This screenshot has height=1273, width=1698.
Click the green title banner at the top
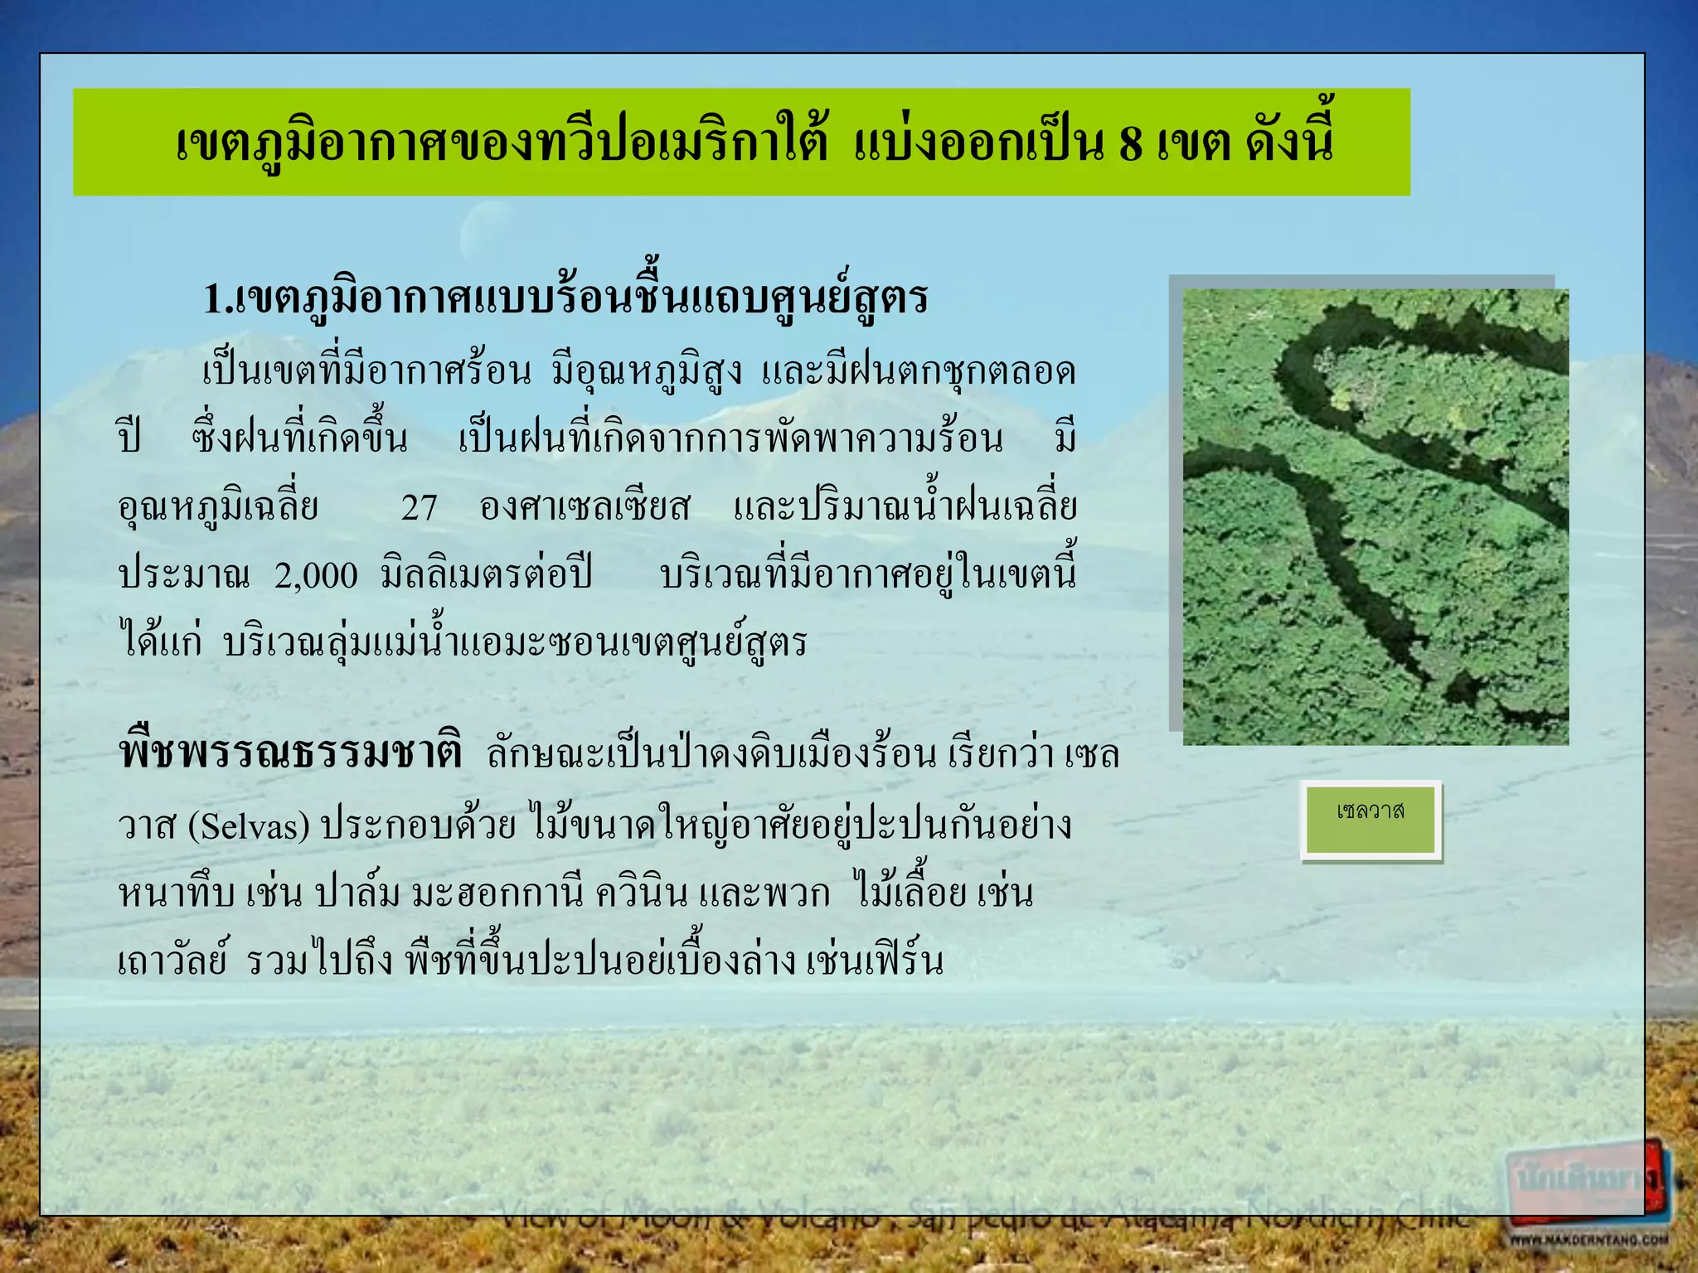pyautogui.click(x=741, y=142)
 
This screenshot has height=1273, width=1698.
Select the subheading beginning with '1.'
pyautogui.click(x=565, y=298)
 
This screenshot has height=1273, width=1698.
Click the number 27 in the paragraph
pyautogui.click(x=419, y=508)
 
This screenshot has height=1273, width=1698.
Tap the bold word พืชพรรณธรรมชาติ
pyautogui.click(x=290, y=754)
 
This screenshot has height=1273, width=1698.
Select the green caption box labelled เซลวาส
pyautogui.click(x=1371, y=819)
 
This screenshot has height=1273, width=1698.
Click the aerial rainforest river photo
pyautogui.click(x=1375, y=516)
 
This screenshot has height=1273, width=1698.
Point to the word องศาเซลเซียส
pyautogui.click(x=585, y=508)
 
